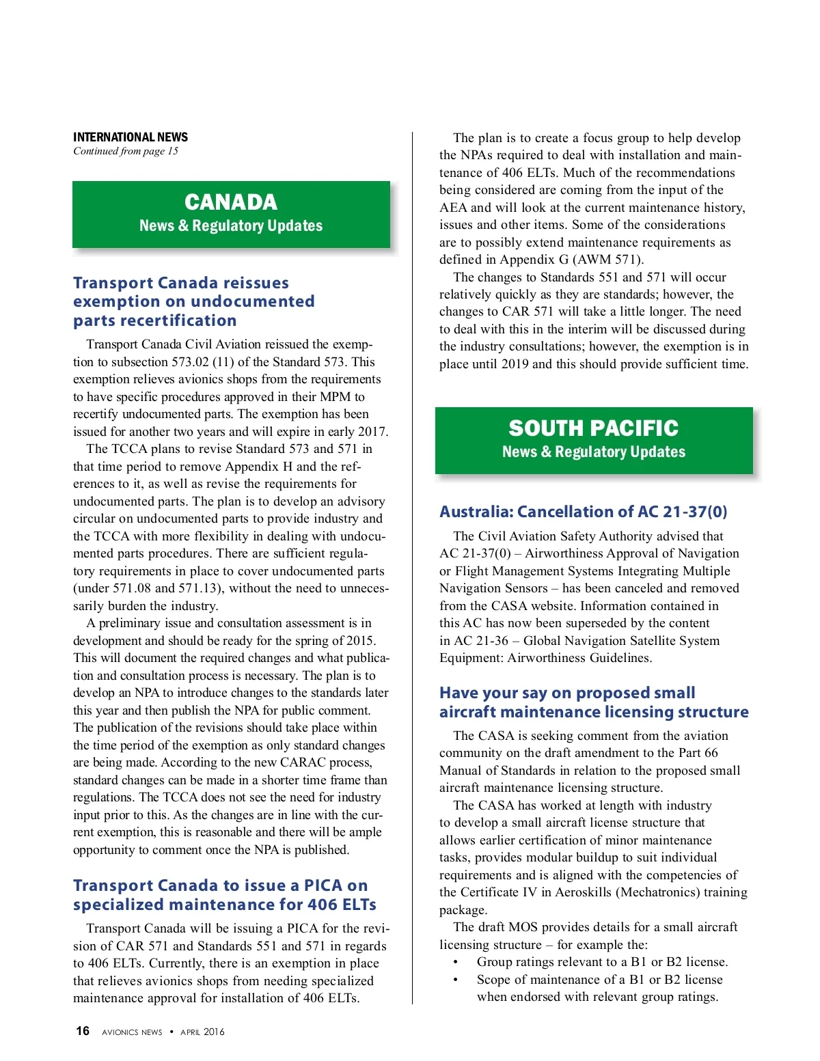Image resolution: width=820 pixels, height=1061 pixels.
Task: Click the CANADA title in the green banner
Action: pos(231,202)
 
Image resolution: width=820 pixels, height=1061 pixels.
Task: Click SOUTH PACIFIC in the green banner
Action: pos(593,428)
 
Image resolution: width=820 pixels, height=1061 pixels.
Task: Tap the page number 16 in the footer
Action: pos(83,1031)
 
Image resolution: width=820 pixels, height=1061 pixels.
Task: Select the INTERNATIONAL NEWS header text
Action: pos(131,137)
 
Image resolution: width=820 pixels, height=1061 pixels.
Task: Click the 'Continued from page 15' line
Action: pos(126,151)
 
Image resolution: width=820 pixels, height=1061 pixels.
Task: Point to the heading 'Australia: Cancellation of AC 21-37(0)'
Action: pos(583,512)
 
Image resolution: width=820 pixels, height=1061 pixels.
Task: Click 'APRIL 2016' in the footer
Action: pos(202,1032)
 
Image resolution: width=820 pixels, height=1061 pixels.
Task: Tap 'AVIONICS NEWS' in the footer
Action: pos(132,1032)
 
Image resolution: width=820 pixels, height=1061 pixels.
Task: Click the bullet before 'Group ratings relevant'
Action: pos(456,962)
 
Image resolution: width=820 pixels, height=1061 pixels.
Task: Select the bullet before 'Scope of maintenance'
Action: pos(456,980)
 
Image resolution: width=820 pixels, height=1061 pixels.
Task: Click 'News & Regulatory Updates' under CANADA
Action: pos(231,225)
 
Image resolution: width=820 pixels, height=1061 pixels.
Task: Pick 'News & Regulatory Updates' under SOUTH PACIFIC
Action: pos(593,452)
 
